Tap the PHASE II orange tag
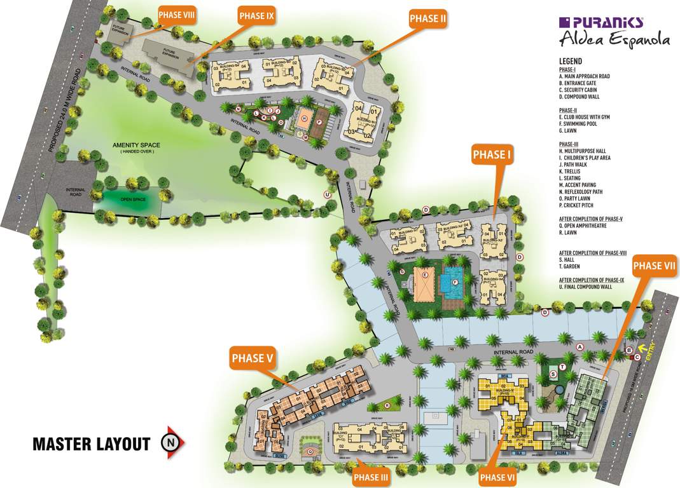click(x=427, y=19)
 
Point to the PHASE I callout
click(x=491, y=154)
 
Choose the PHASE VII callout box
click(x=655, y=266)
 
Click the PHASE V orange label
click(x=252, y=358)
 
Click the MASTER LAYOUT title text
click(x=91, y=444)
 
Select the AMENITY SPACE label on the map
click(x=136, y=145)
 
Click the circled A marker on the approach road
click(x=579, y=347)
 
